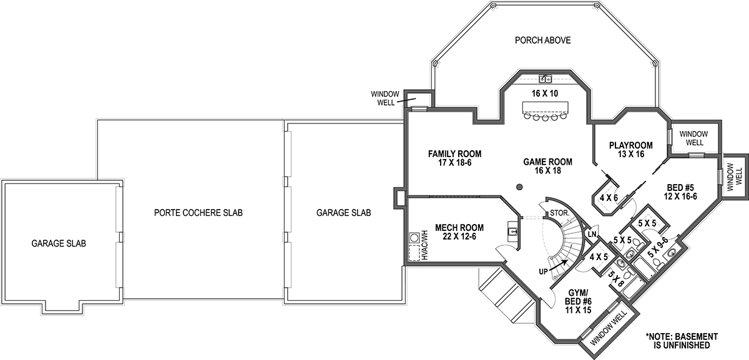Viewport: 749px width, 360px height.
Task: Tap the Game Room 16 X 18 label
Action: (547, 166)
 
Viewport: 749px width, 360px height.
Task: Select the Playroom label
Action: (630, 150)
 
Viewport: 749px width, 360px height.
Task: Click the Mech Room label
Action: (459, 232)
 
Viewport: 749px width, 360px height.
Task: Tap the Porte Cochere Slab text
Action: (198, 213)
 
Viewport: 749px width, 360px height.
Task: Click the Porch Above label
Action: (542, 41)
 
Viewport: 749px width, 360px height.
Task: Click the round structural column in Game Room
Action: (519, 187)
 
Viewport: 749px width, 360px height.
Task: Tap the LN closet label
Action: (592, 234)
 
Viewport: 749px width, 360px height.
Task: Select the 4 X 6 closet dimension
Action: (609, 198)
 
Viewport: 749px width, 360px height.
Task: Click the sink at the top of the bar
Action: (545, 79)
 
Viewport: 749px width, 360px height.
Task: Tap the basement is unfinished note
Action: (682, 340)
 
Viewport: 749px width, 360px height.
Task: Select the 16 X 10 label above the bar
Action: (545, 94)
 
